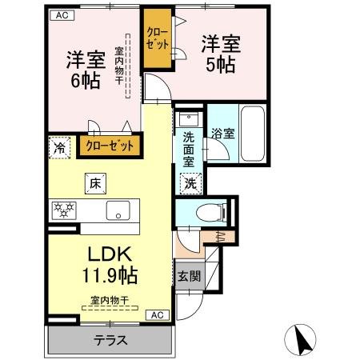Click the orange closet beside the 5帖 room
pyautogui.click(x=156, y=38)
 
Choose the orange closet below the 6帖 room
pyautogui.click(x=110, y=146)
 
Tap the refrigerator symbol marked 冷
pyautogui.click(x=59, y=146)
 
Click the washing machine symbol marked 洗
pyautogui.click(x=191, y=183)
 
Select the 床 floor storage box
pyautogui.click(x=94, y=184)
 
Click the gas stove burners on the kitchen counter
pyautogui.click(x=63, y=211)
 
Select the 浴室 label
pyautogui.click(x=223, y=134)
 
